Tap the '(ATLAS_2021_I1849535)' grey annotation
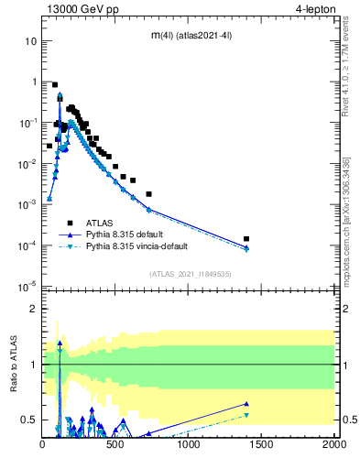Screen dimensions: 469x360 (x=190, y=273)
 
